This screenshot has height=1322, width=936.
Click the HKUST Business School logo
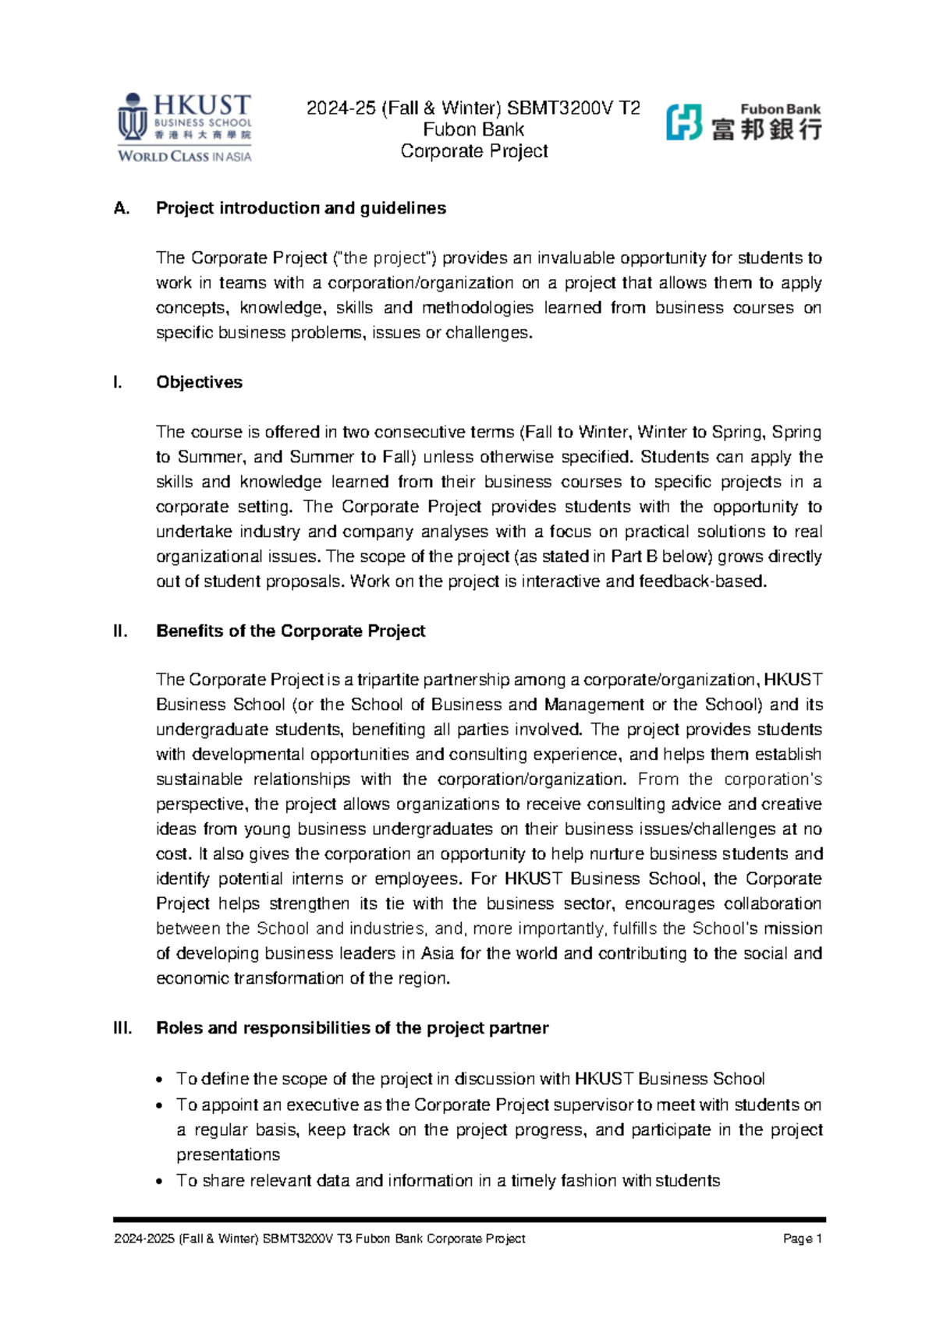coord(185,127)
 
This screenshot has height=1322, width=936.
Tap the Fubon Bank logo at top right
coord(743,122)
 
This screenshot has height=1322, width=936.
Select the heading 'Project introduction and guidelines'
coord(301,208)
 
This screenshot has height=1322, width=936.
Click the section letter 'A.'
coord(121,208)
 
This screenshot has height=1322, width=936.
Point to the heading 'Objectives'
coord(199,382)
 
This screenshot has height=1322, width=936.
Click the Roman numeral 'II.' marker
coord(120,631)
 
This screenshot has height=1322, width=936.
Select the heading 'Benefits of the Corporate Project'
coord(290,631)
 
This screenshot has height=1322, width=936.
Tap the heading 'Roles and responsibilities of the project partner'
coord(352,1028)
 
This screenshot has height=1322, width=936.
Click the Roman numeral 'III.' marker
coord(122,1028)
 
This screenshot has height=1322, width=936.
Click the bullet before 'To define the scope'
coord(160,1080)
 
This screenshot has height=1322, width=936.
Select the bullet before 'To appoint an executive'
coord(160,1106)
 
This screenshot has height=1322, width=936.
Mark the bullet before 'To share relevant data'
coord(160,1182)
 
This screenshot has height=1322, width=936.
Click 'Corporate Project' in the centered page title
coord(473,151)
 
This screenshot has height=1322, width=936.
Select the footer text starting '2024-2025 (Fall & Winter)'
coord(319,1239)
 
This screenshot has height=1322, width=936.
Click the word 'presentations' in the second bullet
coord(228,1154)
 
